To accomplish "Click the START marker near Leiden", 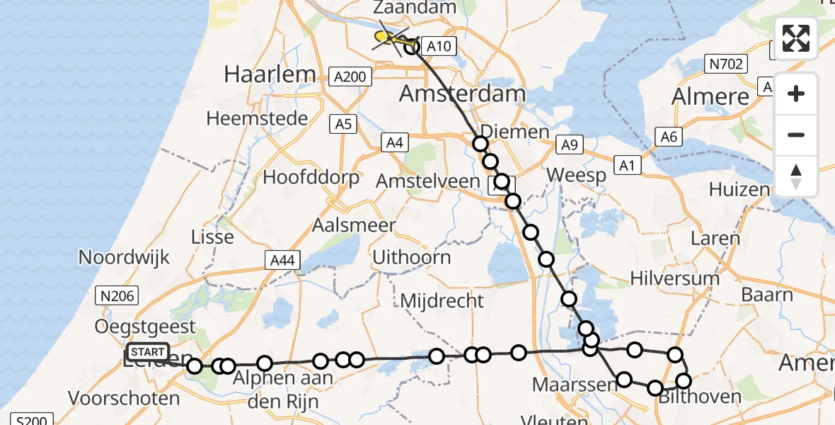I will [148, 352].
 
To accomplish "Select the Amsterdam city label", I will [463, 93].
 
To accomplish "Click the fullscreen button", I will [796, 38].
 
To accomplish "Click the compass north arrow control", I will [796, 176].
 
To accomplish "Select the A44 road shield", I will [282, 260].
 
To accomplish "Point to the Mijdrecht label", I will [442, 300].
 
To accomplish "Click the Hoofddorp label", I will [311, 177].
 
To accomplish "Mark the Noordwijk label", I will [125, 256].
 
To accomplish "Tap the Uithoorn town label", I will [412, 256].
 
